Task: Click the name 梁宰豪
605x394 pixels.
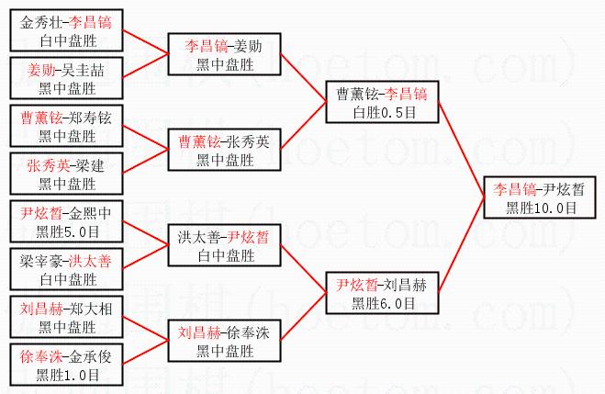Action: (39, 262)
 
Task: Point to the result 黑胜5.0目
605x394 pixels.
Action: (67, 231)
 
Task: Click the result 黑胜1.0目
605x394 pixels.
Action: (67, 374)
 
